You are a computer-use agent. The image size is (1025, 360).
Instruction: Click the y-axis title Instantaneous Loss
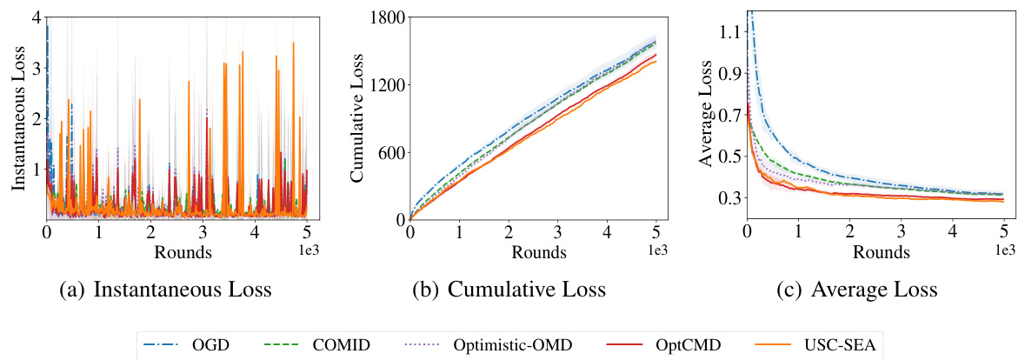[18, 116]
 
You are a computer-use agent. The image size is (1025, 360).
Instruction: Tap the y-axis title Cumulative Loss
[356, 116]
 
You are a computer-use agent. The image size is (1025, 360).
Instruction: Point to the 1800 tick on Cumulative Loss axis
[385, 17]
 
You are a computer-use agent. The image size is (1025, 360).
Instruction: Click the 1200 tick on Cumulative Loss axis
[385, 85]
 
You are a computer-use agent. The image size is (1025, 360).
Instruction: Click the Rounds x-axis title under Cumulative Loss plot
[538, 252]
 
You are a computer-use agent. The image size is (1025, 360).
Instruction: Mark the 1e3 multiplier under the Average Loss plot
[1003, 250]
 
